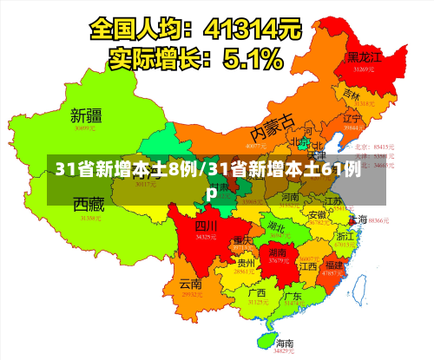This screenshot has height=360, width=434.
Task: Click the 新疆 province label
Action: coord(86,115)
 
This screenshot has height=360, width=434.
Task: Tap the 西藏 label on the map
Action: coord(89,206)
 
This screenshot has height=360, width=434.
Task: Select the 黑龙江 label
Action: coord(365,56)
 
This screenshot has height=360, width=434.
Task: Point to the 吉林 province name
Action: coord(352,93)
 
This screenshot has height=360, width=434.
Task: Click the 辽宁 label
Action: coord(352,118)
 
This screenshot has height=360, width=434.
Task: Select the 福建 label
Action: coord(332,265)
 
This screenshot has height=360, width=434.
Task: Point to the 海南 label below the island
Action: coord(285,343)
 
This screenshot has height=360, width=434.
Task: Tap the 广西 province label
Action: coord(256,292)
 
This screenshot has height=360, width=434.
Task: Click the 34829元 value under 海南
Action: coord(285,351)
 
